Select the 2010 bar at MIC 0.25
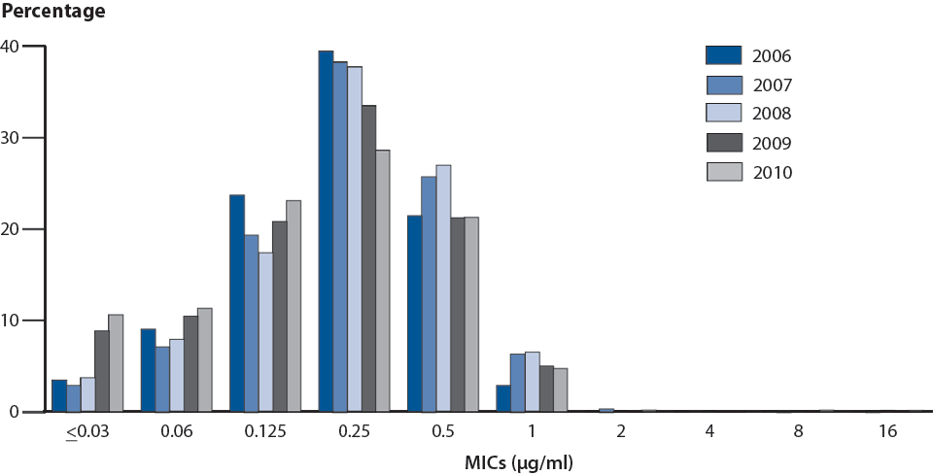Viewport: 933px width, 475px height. point(383,281)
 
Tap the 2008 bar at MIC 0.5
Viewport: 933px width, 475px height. point(443,288)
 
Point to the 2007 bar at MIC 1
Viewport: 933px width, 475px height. point(517,383)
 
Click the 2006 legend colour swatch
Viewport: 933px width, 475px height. point(724,55)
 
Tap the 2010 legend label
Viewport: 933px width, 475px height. point(774,173)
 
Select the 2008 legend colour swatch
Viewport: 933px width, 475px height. point(724,114)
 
